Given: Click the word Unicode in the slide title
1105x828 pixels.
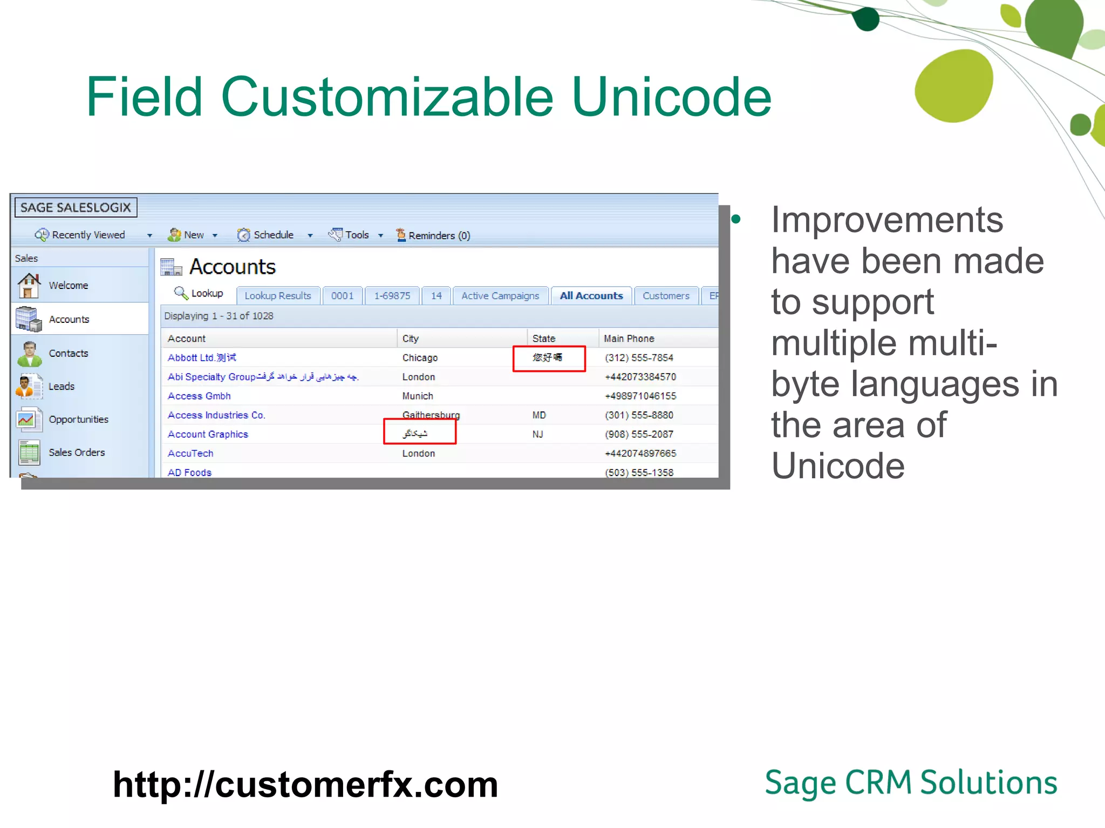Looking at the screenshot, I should (671, 97).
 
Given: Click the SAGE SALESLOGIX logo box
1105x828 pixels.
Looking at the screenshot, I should (76, 208).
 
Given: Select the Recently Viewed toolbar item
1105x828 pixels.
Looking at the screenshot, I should (81, 235).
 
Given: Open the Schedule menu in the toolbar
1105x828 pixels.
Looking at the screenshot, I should (273, 235).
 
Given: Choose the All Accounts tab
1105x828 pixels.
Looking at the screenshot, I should (591, 296).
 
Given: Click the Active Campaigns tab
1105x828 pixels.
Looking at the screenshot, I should (500, 296).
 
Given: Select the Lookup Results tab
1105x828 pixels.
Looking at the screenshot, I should (277, 296).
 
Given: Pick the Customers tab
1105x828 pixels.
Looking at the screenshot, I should (666, 296).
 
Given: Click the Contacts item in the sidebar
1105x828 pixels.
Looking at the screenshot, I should (68, 354).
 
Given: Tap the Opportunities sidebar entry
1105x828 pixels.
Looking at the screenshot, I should (78, 419).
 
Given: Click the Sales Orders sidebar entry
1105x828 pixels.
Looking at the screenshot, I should (77, 453).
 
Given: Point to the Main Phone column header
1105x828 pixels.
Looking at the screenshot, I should (629, 339).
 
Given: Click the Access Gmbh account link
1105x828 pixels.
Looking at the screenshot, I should (199, 396).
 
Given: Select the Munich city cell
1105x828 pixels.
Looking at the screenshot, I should (417, 396).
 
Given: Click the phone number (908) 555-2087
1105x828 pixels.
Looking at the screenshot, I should (639, 434).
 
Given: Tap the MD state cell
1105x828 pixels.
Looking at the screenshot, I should (538, 415).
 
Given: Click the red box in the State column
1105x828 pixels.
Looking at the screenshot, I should (549, 358).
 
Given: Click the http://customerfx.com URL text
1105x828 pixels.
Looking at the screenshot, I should (305, 785).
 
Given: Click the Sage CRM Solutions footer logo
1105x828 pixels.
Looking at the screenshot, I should (910, 783).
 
